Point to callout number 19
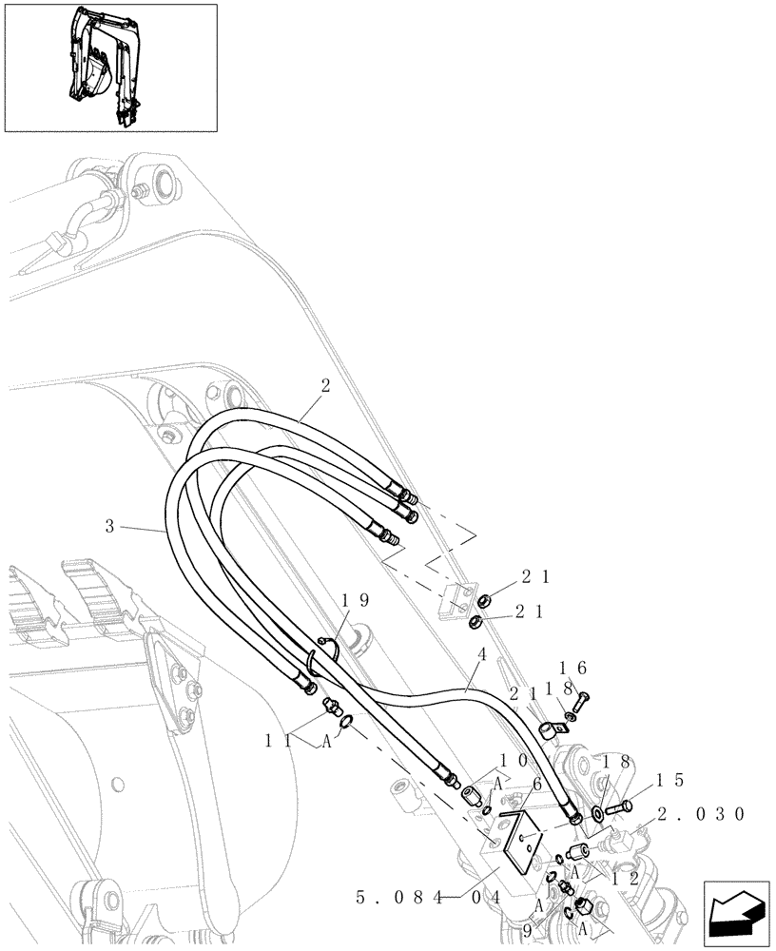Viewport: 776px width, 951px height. (355, 600)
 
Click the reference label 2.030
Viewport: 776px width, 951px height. (701, 814)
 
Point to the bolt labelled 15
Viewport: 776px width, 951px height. (618, 807)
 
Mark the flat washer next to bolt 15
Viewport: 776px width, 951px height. (597, 813)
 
